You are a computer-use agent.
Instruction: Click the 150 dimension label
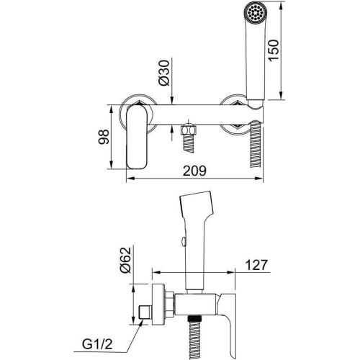click(274, 50)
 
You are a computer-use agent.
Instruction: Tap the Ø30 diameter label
click(164, 73)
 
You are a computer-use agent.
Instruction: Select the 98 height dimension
click(104, 137)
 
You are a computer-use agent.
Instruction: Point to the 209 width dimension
click(194, 171)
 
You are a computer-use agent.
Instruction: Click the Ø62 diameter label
click(126, 260)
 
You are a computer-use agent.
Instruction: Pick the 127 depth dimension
click(256, 265)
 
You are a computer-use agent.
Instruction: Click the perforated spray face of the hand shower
click(254, 12)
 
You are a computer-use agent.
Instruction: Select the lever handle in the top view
click(137, 137)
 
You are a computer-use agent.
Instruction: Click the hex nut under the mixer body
click(189, 130)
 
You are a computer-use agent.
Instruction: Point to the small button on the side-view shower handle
click(183, 241)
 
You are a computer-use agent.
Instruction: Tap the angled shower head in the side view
click(197, 204)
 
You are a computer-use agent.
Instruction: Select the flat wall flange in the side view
click(158, 305)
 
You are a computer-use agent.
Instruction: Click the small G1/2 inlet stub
click(145, 312)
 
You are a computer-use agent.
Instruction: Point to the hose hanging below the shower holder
click(255, 144)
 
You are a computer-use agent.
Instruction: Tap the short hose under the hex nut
click(189, 143)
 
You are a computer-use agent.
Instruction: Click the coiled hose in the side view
click(194, 338)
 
